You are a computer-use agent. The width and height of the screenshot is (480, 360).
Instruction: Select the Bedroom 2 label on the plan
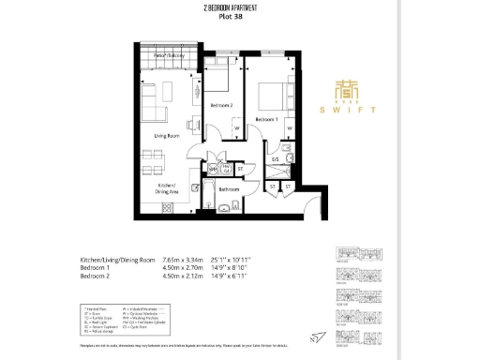click(221, 105)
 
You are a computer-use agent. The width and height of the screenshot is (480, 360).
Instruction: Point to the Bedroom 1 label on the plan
click(268, 119)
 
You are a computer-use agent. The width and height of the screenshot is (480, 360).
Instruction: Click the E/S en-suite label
click(276, 160)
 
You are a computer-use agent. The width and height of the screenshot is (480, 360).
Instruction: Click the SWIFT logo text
click(355, 110)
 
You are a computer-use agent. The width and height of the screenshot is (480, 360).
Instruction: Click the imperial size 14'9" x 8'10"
click(240, 267)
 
